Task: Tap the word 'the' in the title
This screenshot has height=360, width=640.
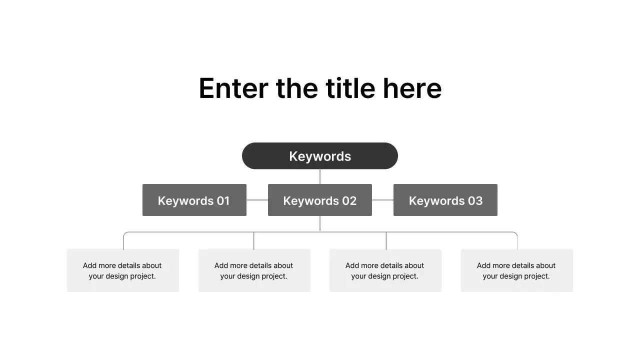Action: pos(296,88)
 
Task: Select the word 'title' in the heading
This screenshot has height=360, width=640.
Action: pos(350,88)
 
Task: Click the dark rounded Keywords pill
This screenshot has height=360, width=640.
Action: pos(320,156)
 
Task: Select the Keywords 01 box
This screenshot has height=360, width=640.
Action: pos(194,200)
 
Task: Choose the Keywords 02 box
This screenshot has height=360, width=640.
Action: pos(320,200)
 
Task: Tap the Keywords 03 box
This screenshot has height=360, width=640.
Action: pos(445,200)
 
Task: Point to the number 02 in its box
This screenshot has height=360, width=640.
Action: pos(349,200)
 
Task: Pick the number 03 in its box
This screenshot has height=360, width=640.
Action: pos(475,200)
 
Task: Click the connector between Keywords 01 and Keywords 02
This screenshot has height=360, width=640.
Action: pos(257,200)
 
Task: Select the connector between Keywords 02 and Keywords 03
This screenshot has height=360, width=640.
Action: pos(382,200)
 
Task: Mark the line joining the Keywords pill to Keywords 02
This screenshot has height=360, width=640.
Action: pos(320,176)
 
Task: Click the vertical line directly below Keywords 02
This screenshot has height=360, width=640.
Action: pos(320,223)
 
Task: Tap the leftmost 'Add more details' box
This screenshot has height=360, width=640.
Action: pos(123,270)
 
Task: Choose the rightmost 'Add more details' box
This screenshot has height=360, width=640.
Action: pos(516,270)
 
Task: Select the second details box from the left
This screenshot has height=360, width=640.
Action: pos(254,270)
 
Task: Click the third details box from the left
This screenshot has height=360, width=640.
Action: pos(385,270)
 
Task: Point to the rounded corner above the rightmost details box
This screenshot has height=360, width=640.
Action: pos(515,234)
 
